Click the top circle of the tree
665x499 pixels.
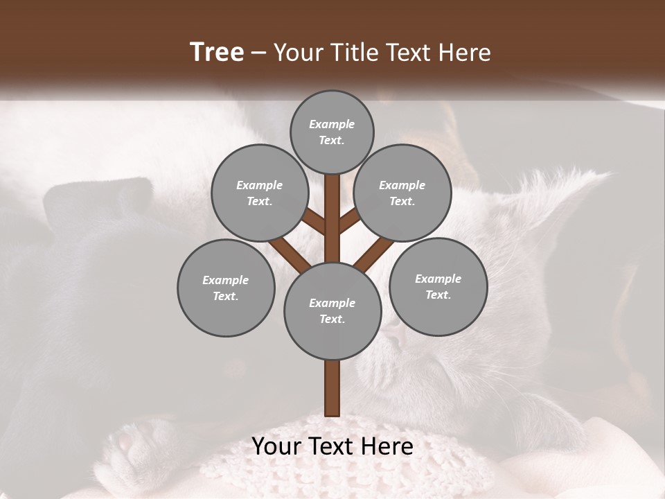click(332, 132)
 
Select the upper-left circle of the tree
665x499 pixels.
click(259, 193)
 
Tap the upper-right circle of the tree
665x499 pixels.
click(402, 193)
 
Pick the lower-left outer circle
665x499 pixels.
click(225, 288)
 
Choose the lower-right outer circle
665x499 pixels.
click(438, 286)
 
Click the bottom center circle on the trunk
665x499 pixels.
click(332, 310)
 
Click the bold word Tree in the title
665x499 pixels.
click(217, 52)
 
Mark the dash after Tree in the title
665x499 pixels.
click(258, 53)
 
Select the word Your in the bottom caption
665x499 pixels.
click(276, 446)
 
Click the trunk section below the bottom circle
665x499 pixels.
click(332, 388)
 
